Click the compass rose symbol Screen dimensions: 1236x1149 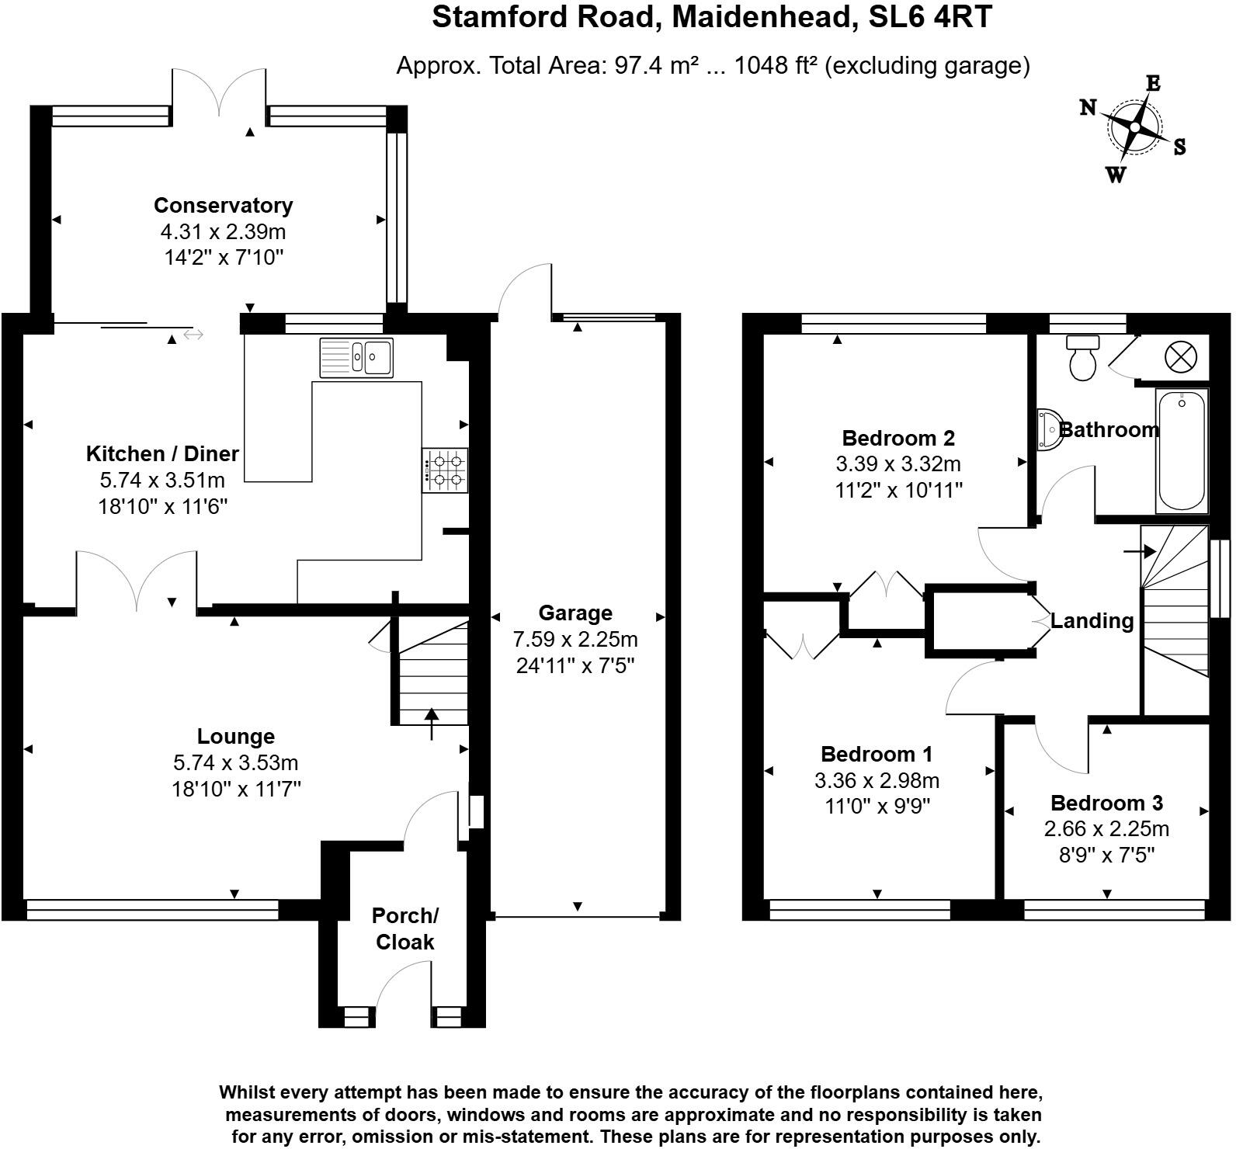[x=1134, y=127]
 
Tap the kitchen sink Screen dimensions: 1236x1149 [x=356, y=357]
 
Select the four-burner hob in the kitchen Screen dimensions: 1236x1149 [x=446, y=470]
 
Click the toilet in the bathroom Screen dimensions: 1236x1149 [x=1082, y=358]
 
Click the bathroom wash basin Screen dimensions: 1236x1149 [x=1048, y=429]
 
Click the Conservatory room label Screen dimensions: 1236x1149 [x=223, y=206]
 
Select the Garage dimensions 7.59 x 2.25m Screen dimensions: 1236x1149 [x=575, y=640]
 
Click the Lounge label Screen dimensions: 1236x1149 [x=236, y=736]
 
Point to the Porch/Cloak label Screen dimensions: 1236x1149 [x=404, y=929]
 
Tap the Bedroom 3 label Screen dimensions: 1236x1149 [x=1106, y=803]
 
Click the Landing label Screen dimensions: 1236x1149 [x=1092, y=621]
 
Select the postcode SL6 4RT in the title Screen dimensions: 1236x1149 [x=929, y=17]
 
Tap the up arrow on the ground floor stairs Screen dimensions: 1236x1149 [x=432, y=723]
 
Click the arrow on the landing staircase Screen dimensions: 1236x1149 [x=1140, y=551]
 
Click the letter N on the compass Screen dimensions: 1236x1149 [x=1088, y=108]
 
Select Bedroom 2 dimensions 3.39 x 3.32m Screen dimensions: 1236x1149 [x=898, y=464]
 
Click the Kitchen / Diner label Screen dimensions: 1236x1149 [x=162, y=453]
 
